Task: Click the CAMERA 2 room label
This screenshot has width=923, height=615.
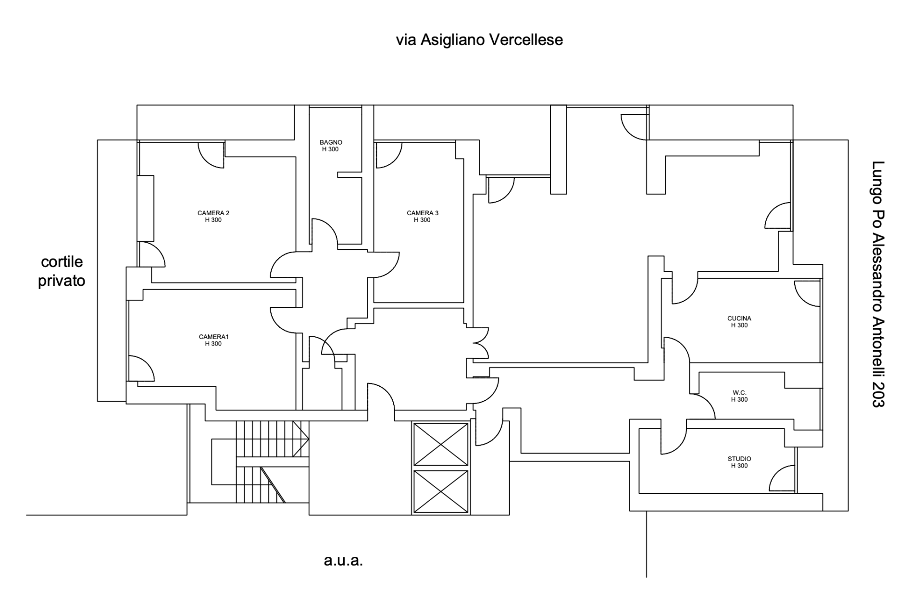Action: pos(213,213)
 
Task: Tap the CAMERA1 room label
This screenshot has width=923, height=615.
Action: pos(213,337)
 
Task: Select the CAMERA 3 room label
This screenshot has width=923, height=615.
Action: pos(423,213)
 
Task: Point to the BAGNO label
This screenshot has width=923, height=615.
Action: pos(331,142)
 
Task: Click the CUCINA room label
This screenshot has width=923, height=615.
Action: pos(739,319)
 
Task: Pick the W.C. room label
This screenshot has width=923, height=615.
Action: pos(739,393)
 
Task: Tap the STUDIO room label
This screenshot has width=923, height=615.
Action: pos(739,459)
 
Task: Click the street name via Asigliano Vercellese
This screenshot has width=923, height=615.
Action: pos(479,40)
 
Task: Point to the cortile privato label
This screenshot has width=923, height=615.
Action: pos(62,271)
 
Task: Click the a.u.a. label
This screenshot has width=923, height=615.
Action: pos(343,560)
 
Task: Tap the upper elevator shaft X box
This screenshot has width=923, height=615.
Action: pos(441,444)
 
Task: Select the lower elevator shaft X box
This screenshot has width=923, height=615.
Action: pos(441,491)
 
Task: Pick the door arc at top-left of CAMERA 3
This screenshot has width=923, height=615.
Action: pos(387,155)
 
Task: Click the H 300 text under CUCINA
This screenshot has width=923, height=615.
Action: pos(739,325)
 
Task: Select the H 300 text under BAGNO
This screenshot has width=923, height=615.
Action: pos(330,149)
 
